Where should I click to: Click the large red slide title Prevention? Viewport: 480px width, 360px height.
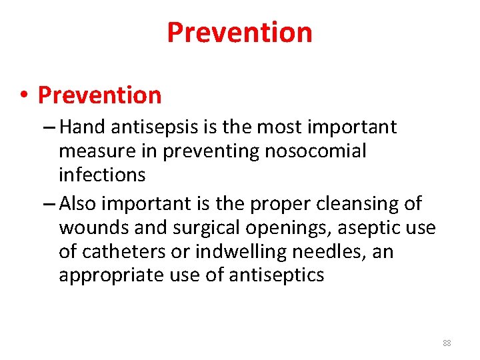pyautogui.click(x=239, y=32)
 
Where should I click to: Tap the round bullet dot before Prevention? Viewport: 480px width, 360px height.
pyautogui.click(x=23, y=96)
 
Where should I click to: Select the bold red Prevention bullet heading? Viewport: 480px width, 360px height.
pyautogui.click(x=99, y=95)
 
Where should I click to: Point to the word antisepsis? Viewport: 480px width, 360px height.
pyautogui.click(x=152, y=127)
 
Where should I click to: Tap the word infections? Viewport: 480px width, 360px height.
pyautogui.click(x=102, y=175)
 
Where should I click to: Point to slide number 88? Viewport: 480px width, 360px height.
pyautogui.click(x=447, y=343)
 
